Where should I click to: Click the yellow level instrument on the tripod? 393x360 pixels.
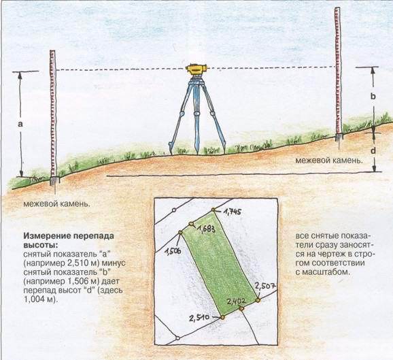196,69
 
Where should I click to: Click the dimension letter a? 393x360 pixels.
20,124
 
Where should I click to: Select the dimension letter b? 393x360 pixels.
373,96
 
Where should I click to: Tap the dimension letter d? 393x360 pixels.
373,150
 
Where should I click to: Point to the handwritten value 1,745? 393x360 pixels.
233,212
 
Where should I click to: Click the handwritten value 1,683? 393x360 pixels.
207,229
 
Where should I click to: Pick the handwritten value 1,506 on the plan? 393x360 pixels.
173,250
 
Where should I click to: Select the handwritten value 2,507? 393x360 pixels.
265,286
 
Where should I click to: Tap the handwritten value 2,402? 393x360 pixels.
236,301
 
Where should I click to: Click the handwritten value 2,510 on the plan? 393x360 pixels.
199,318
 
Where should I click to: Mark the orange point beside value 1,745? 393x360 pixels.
213,210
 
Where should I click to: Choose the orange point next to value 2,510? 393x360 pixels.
222,317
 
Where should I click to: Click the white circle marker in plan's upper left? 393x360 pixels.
174,210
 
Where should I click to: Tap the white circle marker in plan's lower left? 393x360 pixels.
177,338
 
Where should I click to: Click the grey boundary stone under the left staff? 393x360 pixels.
54,181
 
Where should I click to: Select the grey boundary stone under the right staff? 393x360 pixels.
339,137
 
